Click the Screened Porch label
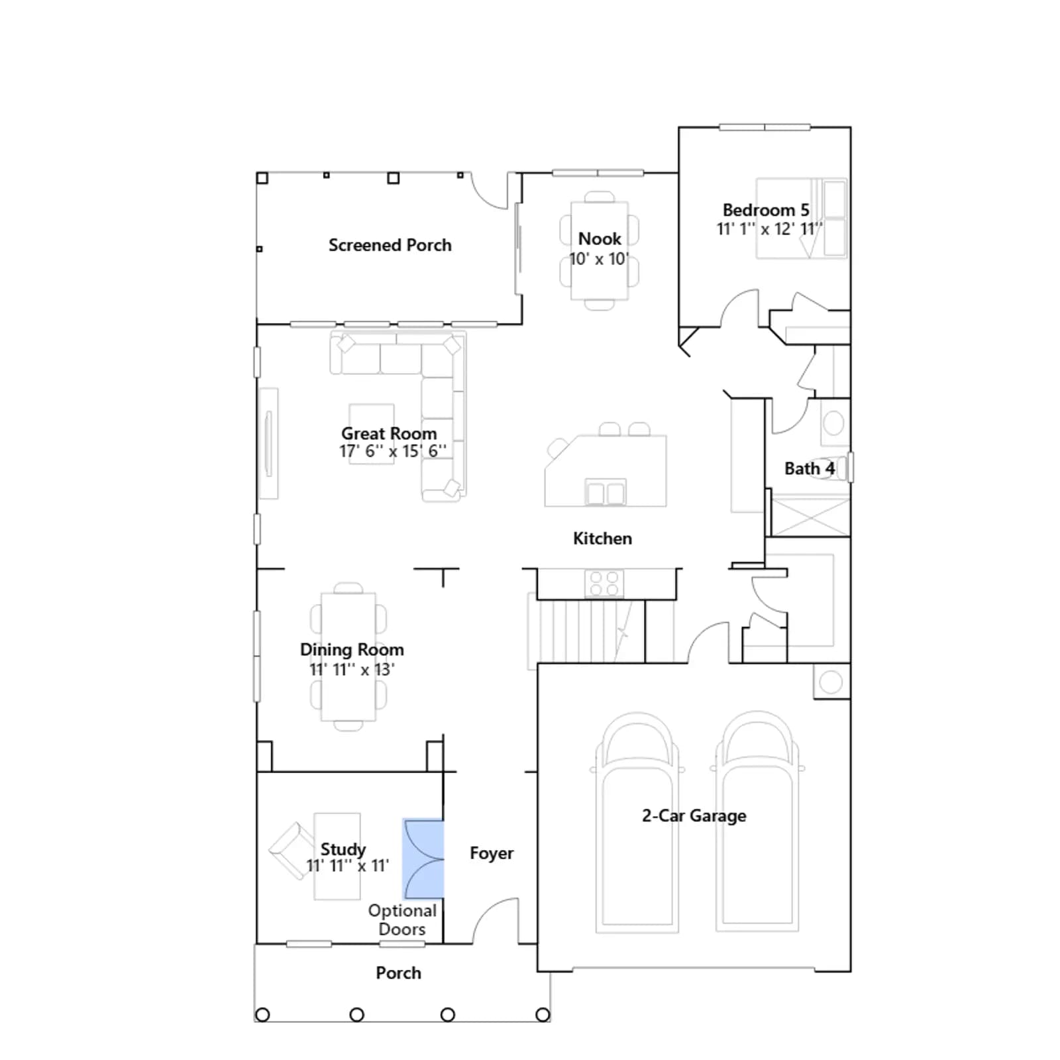click(x=390, y=245)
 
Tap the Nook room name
click(x=600, y=238)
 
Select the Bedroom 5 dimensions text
click(x=769, y=229)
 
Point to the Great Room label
click(x=389, y=433)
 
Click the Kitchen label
click(x=602, y=539)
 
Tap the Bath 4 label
click(x=809, y=468)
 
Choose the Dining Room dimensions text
click(x=352, y=669)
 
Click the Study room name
click(x=343, y=849)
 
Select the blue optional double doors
click(x=423, y=859)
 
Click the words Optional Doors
click(x=402, y=920)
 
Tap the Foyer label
click(x=492, y=853)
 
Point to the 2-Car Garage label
click(x=694, y=816)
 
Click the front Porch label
click(x=398, y=973)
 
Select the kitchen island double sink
click(x=605, y=492)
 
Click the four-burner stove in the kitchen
click(x=604, y=584)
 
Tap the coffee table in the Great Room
click(x=372, y=434)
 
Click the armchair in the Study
click(x=291, y=851)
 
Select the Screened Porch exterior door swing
click(x=490, y=191)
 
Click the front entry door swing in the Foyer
click(x=496, y=921)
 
